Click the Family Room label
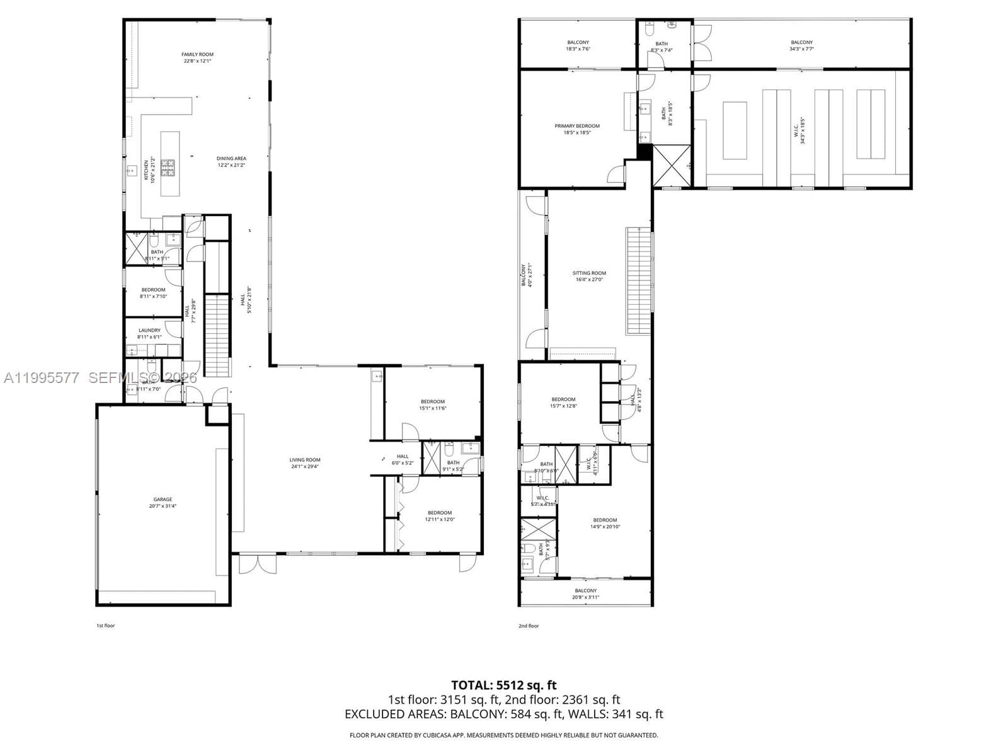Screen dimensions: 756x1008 click(x=197, y=55)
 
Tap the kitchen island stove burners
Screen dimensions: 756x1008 click(x=168, y=168)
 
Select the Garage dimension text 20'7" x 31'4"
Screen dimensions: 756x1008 click(x=163, y=506)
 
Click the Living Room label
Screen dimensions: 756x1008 click(x=305, y=460)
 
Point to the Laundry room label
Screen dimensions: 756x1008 click(x=149, y=330)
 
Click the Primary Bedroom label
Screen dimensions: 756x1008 click(x=577, y=126)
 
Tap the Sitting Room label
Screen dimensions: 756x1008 click(x=589, y=273)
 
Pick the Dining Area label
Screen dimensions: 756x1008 click(x=231, y=159)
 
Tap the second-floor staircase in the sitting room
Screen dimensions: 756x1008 click(x=638, y=282)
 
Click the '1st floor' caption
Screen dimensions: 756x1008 click(x=105, y=626)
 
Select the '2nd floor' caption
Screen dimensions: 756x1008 click(x=529, y=626)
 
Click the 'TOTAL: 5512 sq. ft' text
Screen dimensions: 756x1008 click(x=503, y=685)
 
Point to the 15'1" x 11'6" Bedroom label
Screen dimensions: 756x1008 click(x=433, y=402)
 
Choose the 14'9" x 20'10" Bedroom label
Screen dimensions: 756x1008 click(x=605, y=520)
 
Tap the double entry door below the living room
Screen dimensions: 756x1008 click(x=257, y=563)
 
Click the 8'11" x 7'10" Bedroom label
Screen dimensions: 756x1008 click(x=153, y=290)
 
